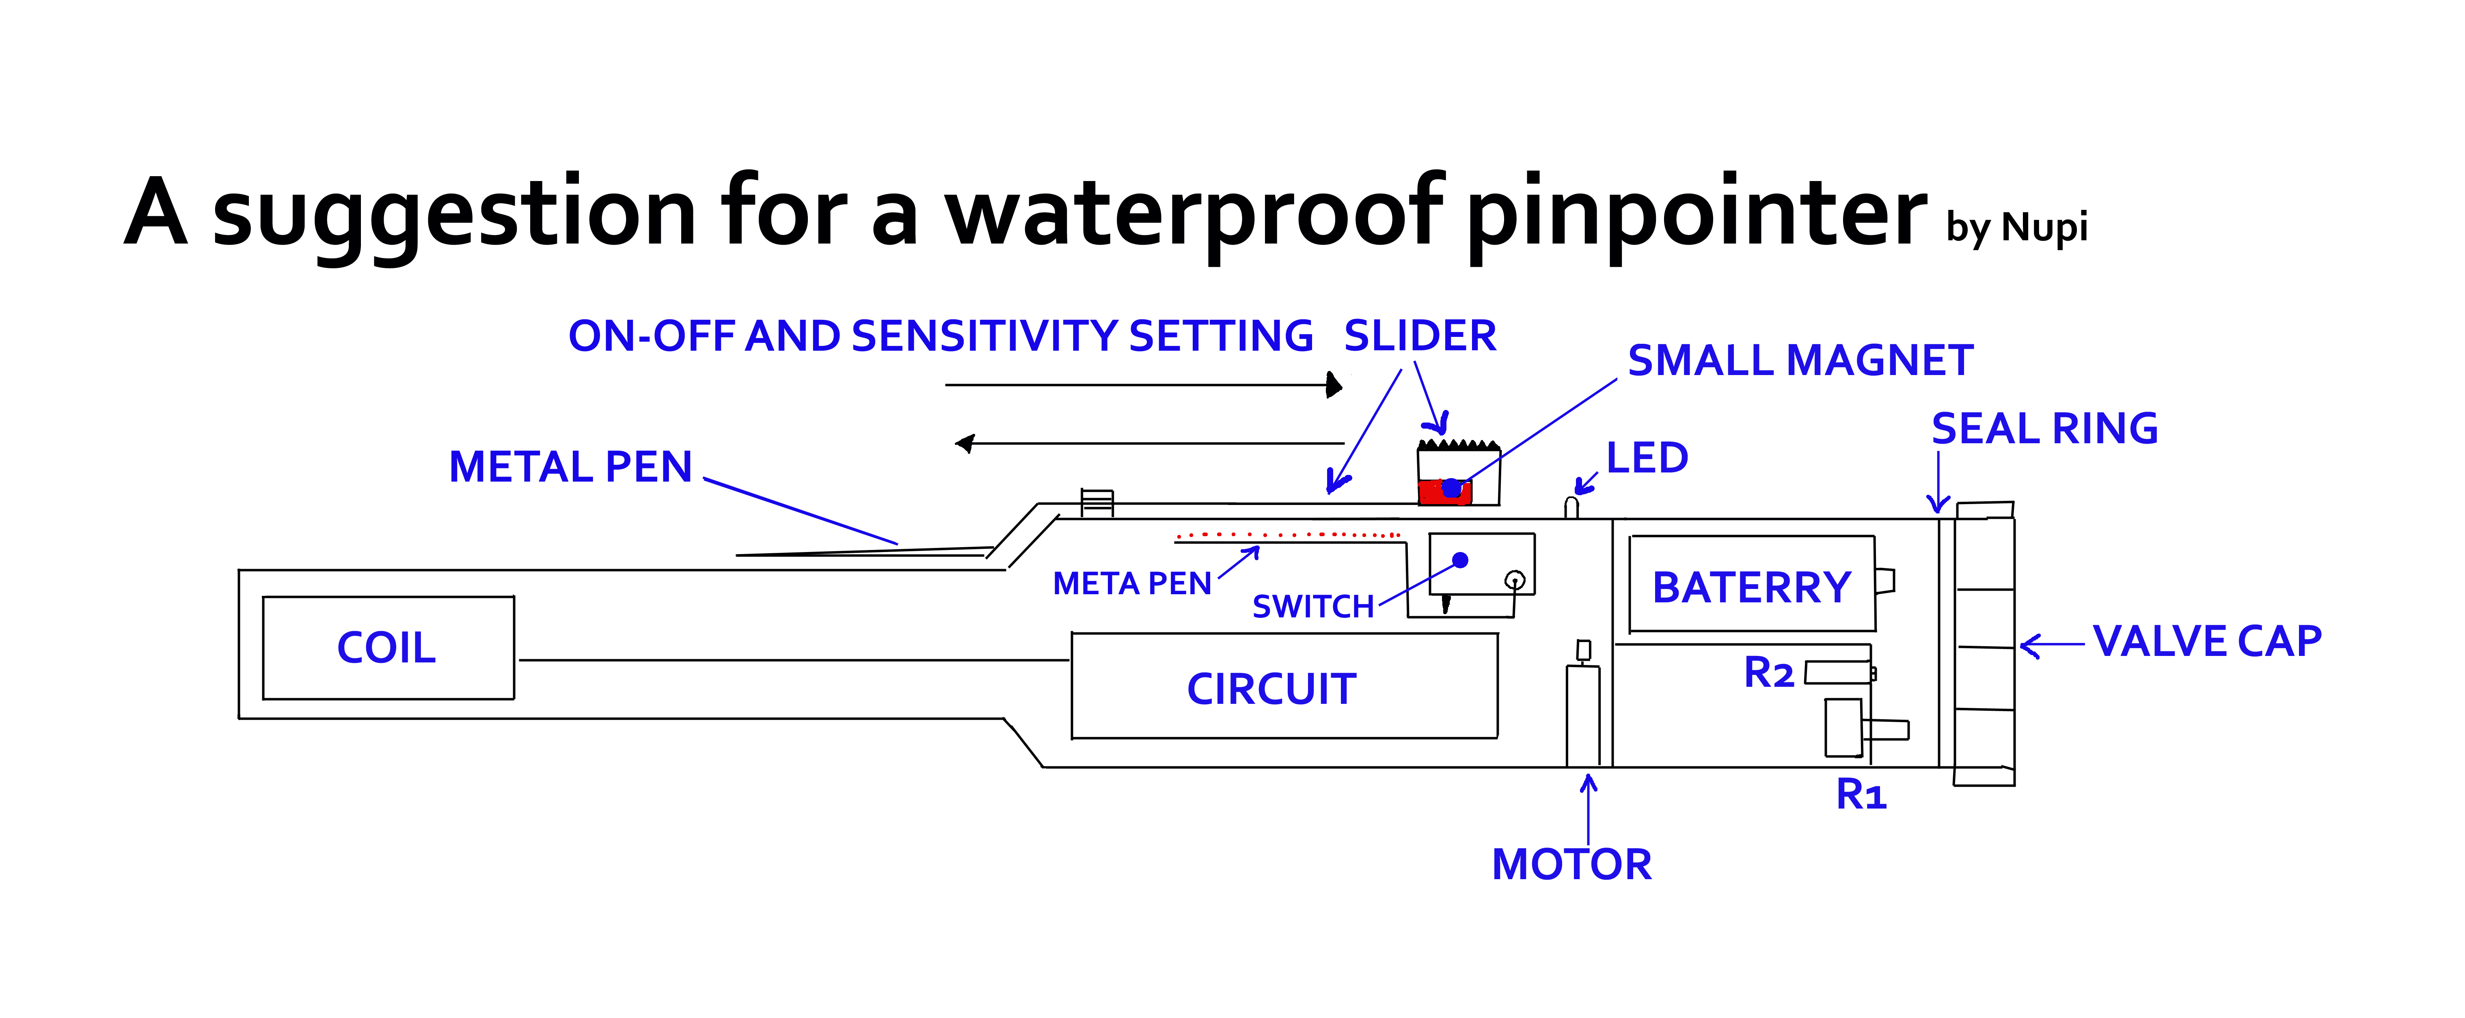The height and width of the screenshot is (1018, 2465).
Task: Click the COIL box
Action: point(388,648)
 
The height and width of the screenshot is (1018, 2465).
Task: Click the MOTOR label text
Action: point(1571,864)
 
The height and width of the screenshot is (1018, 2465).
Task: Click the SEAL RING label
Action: point(2044,429)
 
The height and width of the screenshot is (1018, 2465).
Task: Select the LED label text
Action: point(1647,458)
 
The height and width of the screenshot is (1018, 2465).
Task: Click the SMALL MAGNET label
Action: point(1800,361)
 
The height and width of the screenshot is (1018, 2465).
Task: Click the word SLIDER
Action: point(1420,336)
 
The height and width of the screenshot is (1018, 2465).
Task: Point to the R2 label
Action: point(1768,673)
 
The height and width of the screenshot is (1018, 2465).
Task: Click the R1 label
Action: point(1860,794)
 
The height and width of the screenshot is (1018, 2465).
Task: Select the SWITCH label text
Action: point(1313,606)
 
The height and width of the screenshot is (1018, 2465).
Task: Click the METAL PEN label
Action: point(570,467)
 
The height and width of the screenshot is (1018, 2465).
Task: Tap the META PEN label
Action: point(1132,584)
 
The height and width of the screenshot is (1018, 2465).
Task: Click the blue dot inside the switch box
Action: point(1460,560)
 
